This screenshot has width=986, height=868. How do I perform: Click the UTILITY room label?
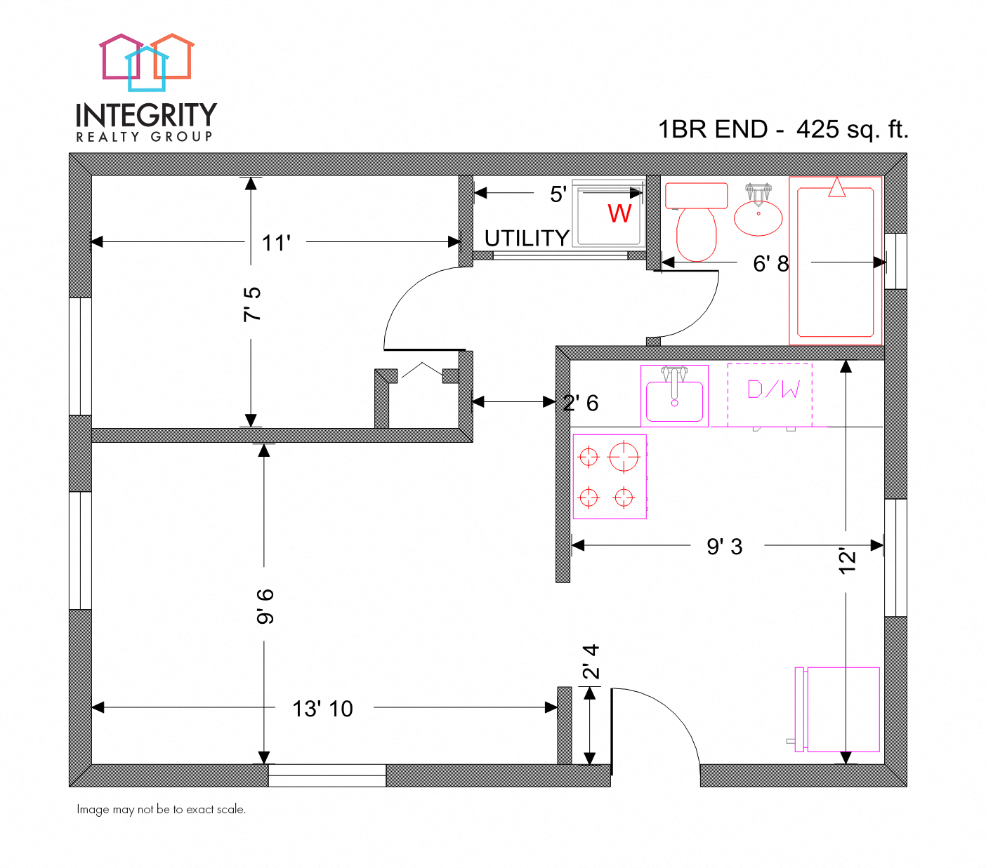(x=527, y=239)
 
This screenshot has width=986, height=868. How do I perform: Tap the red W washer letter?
(x=619, y=213)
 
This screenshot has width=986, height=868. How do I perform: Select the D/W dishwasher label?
(x=773, y=390)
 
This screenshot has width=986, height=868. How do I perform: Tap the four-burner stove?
(x=610, y=477)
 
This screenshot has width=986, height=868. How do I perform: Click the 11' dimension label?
(x=276, y=243)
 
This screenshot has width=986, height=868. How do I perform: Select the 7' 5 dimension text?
(x=251, y=304)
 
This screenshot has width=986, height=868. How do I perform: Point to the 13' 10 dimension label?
(x=322, y=709)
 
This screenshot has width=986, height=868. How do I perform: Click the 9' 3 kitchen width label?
(x=724, y=547)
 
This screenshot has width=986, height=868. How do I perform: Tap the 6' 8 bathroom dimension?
(x=770, y=264)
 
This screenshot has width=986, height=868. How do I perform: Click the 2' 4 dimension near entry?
(x=591, y=662)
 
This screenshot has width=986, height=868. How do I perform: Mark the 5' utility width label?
(x=558, y=194)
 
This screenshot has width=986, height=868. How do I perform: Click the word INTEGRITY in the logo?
(x=146, y=115)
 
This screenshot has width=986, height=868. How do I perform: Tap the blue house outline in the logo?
(x=147, y=69)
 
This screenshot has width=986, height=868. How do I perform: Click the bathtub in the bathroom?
(x=836, y=261)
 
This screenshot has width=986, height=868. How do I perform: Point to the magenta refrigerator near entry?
(x=839, y=709)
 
